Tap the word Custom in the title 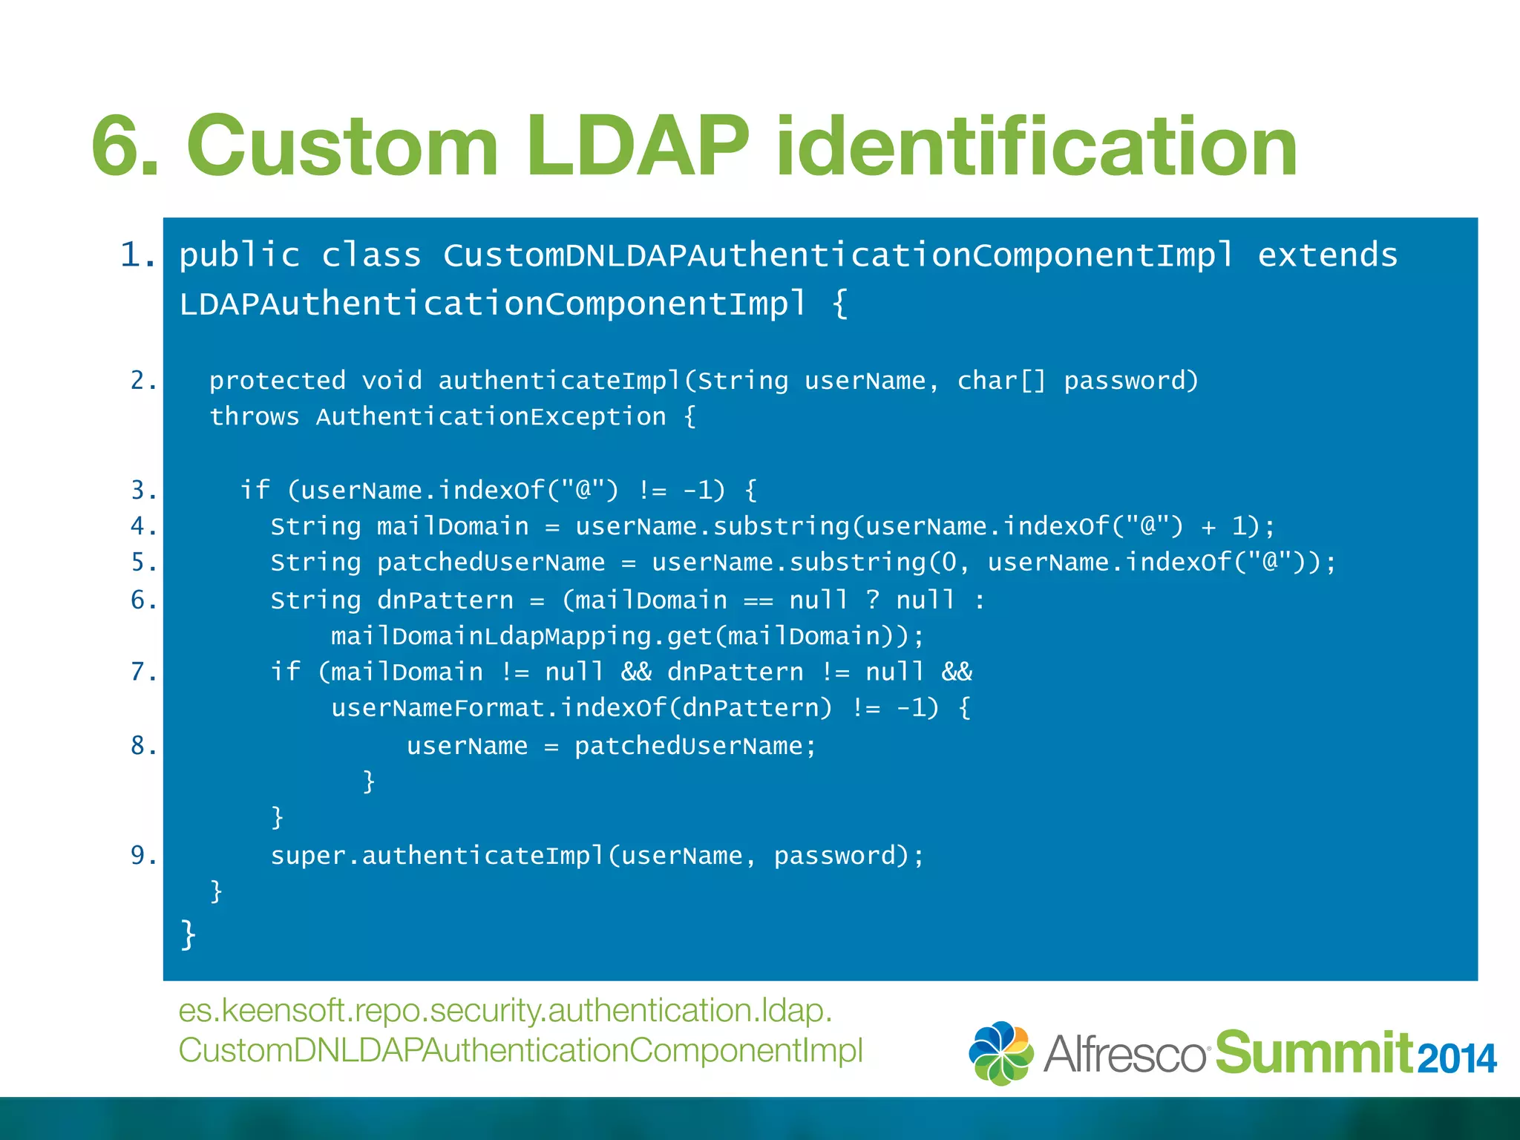[x=342, y=146]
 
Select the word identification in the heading [x=1036, y=146]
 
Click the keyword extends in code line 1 [x=1327, y=255]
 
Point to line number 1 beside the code [x=138, y=255]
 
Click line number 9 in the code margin [x=143, y=856]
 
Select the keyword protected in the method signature [x=278, y=381]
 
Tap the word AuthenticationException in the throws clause [x=491, y=417]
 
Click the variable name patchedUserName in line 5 [x=491, y=563]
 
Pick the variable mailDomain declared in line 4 [x=453, y=527]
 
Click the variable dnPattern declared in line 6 [x=445, y=600]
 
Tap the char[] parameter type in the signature [x=1000, y=381]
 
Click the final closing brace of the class [x=188, y=934]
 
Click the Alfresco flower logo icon [x=1000, y=1052]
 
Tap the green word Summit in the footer [x=1312, y=1052]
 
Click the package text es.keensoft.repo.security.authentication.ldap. [x=505, y=1011]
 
